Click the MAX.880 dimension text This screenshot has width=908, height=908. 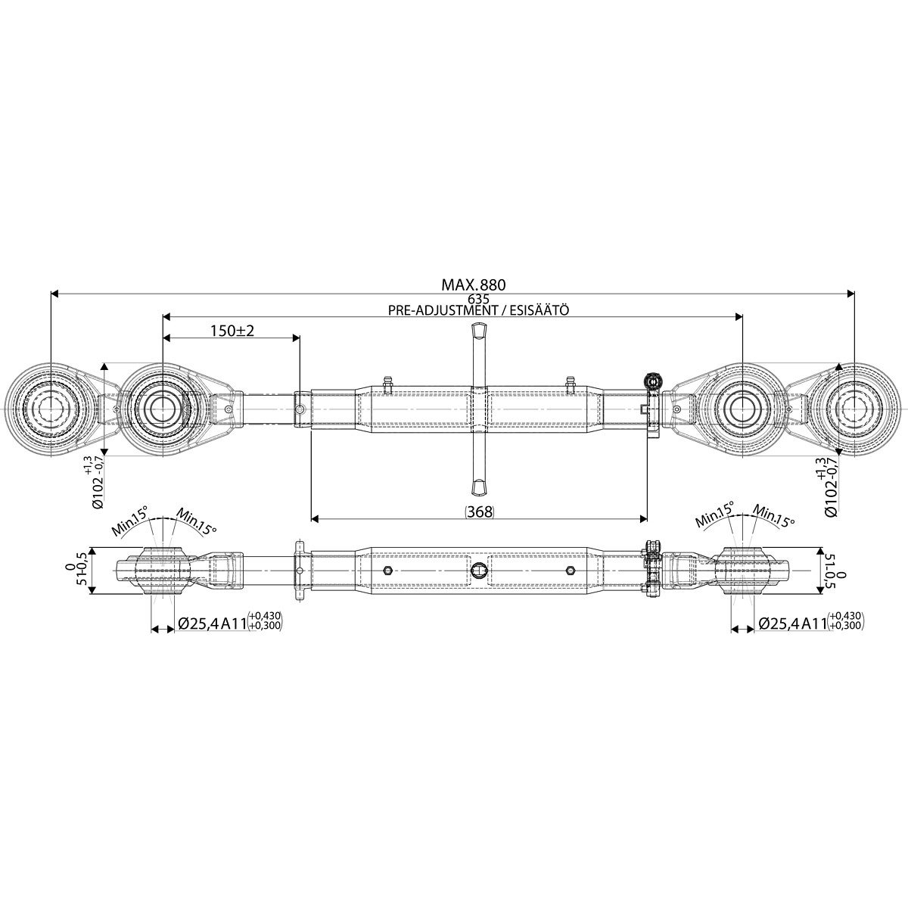(473, 285)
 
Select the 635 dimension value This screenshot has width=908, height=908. (477, 299)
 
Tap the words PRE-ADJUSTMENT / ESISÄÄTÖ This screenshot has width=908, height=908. (479, 310)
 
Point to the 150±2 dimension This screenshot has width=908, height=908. (232, 331)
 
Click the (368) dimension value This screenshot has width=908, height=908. (480, 512)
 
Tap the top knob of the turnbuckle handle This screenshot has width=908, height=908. (479, 331)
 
